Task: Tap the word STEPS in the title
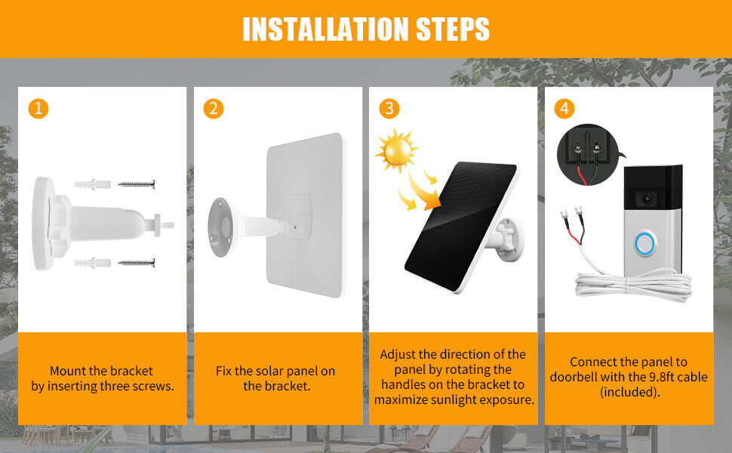point(452,29)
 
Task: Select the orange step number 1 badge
point(38,109)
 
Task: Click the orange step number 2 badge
point(214,109)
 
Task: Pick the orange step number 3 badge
point(389,109)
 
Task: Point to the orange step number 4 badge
point(564,109)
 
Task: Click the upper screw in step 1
point(137,184)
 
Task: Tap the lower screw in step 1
point(137,263)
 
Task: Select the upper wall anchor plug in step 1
point(92,184)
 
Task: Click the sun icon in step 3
point(396,150)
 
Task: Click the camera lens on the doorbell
point(647,199)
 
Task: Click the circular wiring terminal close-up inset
point(588,155)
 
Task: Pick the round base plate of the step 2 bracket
point(220,227)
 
